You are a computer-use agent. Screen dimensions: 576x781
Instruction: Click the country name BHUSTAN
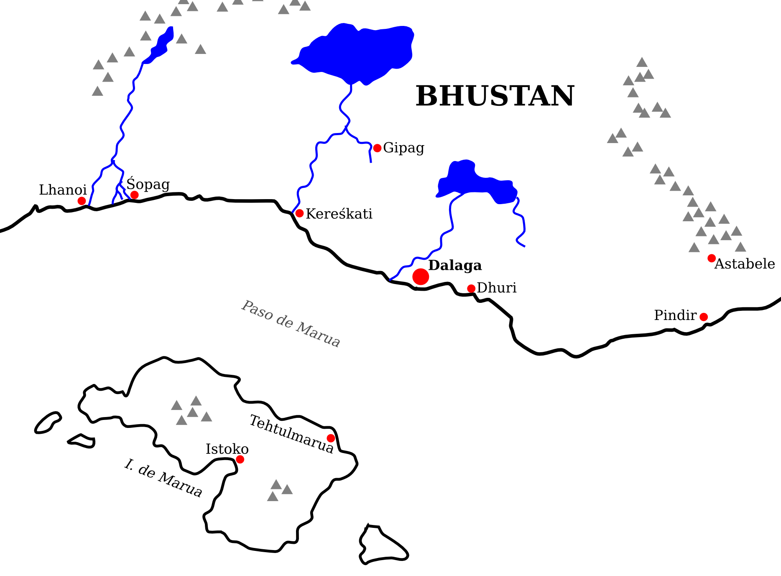click(495, 96)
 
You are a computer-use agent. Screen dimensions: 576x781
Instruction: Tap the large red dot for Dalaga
click(421, 276)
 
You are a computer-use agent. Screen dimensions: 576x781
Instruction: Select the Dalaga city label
click(455, 265)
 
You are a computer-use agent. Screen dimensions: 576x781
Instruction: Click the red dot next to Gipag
click(377, 148)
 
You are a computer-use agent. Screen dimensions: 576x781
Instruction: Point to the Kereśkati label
click(339, 214)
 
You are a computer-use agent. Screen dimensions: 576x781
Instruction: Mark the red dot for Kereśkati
click(299, 213)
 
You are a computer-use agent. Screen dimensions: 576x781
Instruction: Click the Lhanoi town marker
click(82, 201)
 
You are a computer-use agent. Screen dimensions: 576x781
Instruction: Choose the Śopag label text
click(148, 184)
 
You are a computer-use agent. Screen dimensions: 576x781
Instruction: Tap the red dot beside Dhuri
click(471, 288)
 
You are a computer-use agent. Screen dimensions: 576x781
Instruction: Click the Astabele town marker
click(711, 258)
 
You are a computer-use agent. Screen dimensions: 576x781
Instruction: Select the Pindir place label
click(675, 315)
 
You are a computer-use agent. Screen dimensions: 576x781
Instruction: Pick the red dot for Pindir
click(704, 317)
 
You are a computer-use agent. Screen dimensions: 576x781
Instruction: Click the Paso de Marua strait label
click(291, 324)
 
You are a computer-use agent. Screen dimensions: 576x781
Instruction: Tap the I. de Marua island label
click(163, 478)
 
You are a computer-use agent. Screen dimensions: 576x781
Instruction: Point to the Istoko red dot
click(240, 459)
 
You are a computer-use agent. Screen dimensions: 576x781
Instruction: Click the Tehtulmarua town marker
click(331, 438)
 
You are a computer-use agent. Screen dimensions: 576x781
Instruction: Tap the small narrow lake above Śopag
click(162, 44)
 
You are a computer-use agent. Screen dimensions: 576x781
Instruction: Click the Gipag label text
click(403, 148)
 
